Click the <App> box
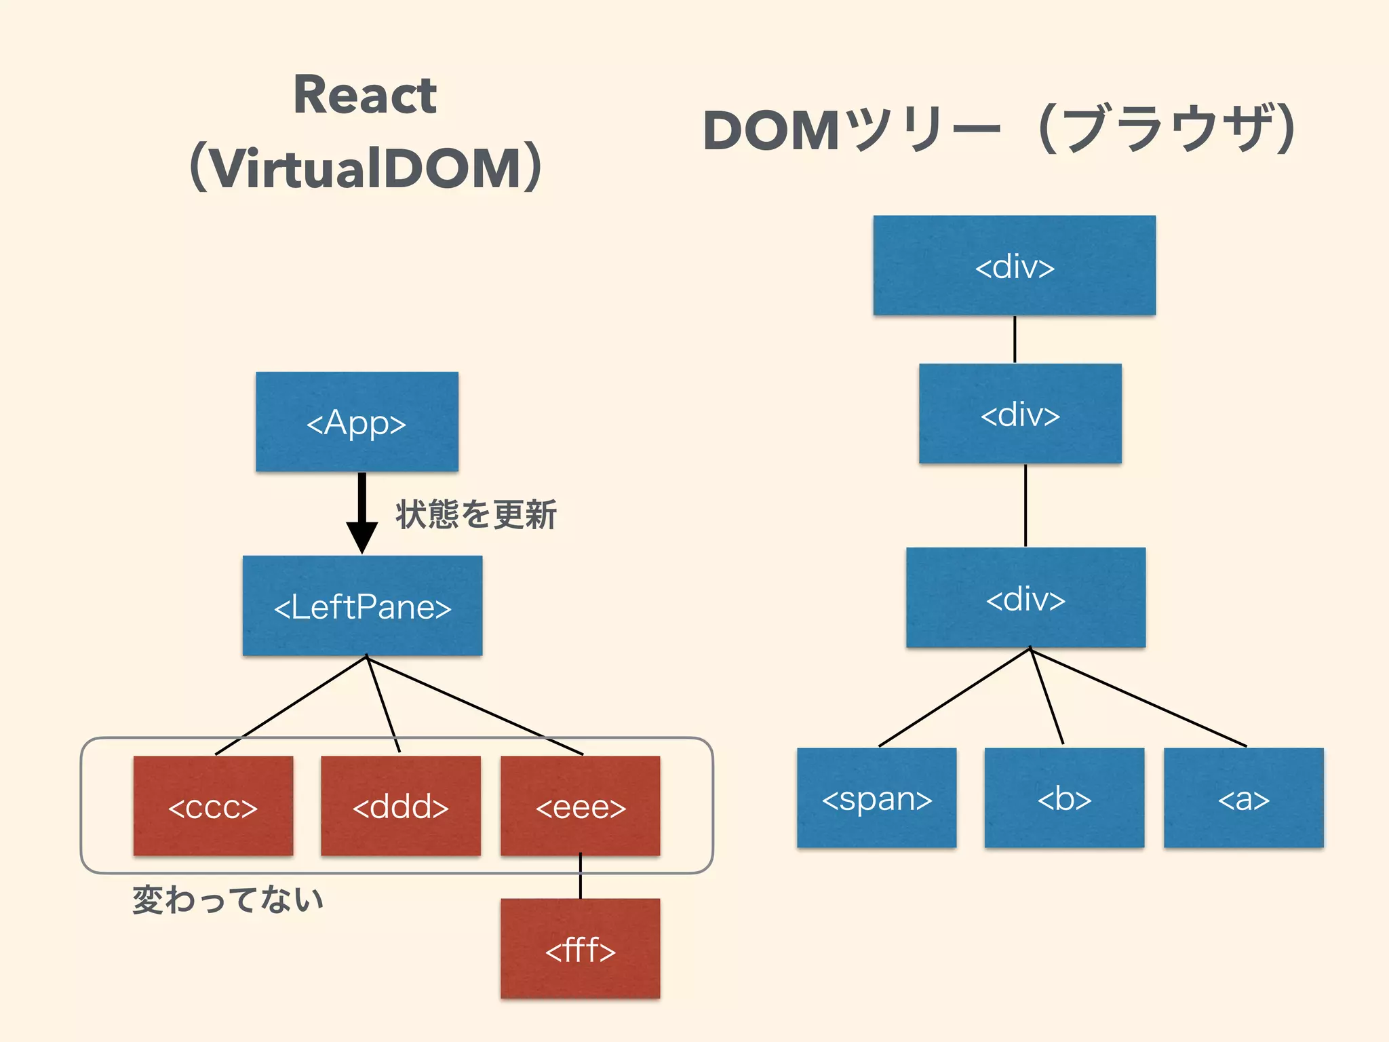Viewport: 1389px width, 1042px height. (x=357, y=421)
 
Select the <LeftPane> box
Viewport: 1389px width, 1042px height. (x=362, y=606)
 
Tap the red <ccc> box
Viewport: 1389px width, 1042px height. (x=213, y=806)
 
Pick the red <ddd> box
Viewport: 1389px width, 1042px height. (x=400, y=806)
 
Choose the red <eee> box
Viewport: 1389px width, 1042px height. (x=580, y=806)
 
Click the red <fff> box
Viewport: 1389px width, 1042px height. (x=580, y=948)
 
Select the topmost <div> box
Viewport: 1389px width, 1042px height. (x=1014, y=265)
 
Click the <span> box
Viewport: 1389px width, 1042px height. (x=876, y=798)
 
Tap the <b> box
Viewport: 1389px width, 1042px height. (x=1064, y=798)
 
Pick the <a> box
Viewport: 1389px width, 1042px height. (x=1243, y=798)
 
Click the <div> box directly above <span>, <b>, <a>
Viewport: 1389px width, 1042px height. (x=1025, y=598)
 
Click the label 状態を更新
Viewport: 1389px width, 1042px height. (x=476, y=514)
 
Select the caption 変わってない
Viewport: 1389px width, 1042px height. (x=228, y=900)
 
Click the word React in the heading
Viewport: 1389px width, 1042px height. (x=365, y=95)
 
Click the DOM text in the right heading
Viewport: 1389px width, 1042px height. (x=771, y=130)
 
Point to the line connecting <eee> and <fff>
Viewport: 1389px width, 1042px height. (x=581, y=876)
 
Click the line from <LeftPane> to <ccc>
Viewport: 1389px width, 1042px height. (x=292, y=705)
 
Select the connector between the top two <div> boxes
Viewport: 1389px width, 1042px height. (x=1015, y=339)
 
